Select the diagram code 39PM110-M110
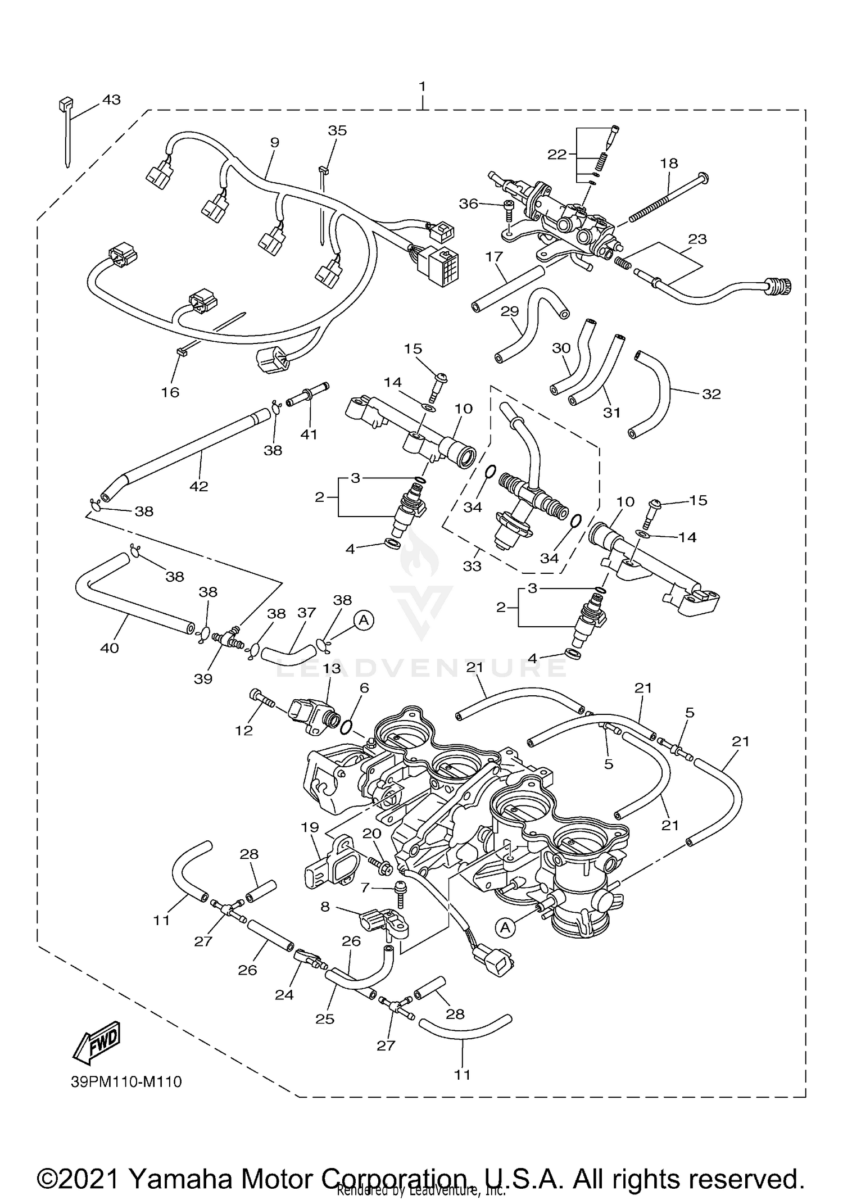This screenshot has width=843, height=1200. pyautogui.click(x=126, y=1081)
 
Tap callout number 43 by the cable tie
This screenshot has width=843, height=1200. pyautogui.click(x=111, y=100)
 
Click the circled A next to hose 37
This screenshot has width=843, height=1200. pyautogui.click(x=364, y=620)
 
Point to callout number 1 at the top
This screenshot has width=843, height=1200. pyautogui.click(x=422, y=87)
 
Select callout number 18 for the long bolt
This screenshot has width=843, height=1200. pyautogui.click(x=669, y=164)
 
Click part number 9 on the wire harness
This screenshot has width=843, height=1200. pyautogui.click(x=274, y=143)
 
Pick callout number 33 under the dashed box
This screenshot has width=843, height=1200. pyautogui.click(x=472, y=566)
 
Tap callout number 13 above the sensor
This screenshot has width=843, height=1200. pyautogui.click(x=332, y=668)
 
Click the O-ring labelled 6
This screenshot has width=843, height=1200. pyautogui.click(x=347, y=727)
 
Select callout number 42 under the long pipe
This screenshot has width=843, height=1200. pyautogui.click(x=199, y=486)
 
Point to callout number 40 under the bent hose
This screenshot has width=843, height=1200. pyautogui.click(x=110, y=648)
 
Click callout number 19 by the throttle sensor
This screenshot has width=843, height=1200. pyautogui.click(x=310, y=827)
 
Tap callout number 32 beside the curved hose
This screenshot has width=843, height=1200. pyautogui.click(x=711, y=394)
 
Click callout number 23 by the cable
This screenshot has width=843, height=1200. pyautogui.click(x=697, y=239)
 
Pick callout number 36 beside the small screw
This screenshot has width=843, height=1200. pyautogui.click(x=469, y=203)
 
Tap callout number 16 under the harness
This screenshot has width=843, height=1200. pyautogui.click(x=170, y=392)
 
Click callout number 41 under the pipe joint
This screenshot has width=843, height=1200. pyautogui.click(x=309, y=434)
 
